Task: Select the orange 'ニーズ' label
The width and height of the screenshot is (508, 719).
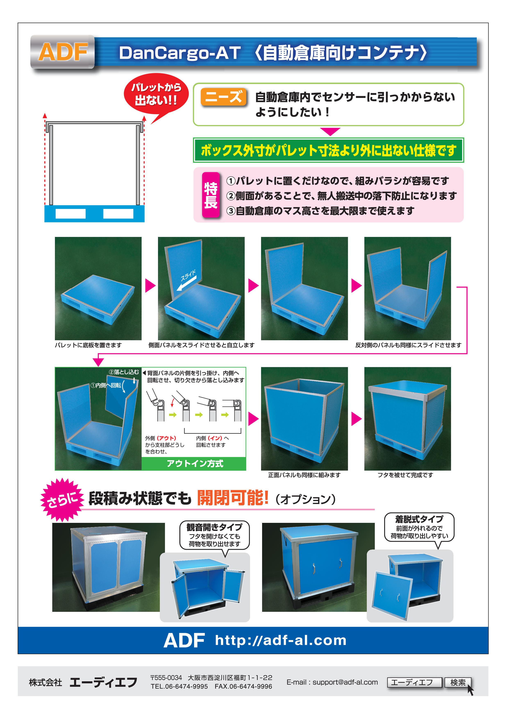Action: (224, 97)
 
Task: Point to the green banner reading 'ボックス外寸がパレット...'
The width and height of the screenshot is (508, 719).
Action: (328, 150)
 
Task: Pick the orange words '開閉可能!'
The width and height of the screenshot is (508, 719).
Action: (232, 498)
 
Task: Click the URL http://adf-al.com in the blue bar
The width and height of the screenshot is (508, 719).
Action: (281, 640)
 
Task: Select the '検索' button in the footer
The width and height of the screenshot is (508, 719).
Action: (458, 682)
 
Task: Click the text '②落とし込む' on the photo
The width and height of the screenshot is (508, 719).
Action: (123, 372)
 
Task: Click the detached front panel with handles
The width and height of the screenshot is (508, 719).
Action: (391, 596)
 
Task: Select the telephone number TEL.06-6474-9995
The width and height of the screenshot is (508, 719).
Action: (179, 686)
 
